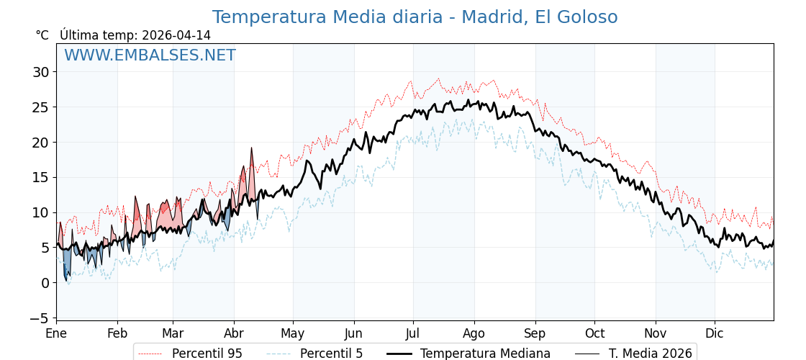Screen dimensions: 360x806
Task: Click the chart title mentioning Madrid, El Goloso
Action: tap(415, 17)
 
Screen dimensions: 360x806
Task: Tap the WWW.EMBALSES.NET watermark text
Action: tap(150, 55)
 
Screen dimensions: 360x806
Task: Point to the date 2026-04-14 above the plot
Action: tap(176, 35)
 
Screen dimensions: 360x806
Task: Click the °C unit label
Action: tap(42, 35)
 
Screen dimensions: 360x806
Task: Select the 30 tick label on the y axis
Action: tap(40, 72)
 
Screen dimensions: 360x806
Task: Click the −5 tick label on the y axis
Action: tap(40, 318)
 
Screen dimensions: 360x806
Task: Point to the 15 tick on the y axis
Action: tap(40, 177)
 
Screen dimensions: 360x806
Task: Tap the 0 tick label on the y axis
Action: tap(45, 283)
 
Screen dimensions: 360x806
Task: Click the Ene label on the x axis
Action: tap(56, 333)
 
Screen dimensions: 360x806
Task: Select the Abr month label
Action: tap(234, 333)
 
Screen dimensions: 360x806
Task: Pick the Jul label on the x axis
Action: tap(413, 333)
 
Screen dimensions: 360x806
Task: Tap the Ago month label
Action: tap(474, 333)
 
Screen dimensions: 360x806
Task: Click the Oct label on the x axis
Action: tap(594, 333)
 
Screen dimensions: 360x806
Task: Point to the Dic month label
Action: tap(715, 333)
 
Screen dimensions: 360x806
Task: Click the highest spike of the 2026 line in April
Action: tap(251, 148)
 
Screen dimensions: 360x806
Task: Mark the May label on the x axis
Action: tap(293, 333)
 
